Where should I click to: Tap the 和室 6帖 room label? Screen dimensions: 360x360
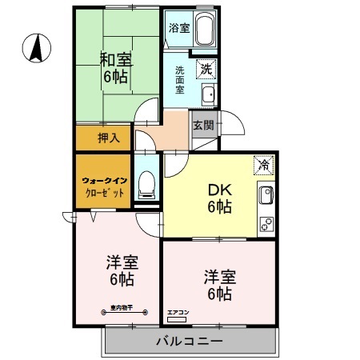click(x=116, y=68)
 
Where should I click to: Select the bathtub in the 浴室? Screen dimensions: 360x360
click(x=203, y=32)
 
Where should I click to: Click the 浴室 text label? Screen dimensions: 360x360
click(x=178, y=28)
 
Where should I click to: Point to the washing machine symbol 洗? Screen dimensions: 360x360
click(x=206, y=69)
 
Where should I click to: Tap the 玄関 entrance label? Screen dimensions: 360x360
click(x=203, y=125)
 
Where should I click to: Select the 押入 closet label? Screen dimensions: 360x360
click(x=109, y=138)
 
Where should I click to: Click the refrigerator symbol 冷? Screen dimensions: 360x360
click(x=263, y=166)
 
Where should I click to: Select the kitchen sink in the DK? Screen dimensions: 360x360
click(x=265, y=195)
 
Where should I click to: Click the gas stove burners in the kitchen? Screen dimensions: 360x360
click(x=266, y=223)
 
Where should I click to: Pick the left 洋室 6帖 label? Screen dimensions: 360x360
click(x=120, y=270)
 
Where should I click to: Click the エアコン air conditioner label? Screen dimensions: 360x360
click(x=177, y=312)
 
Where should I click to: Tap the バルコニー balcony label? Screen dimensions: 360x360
click(x=189, y=342)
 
